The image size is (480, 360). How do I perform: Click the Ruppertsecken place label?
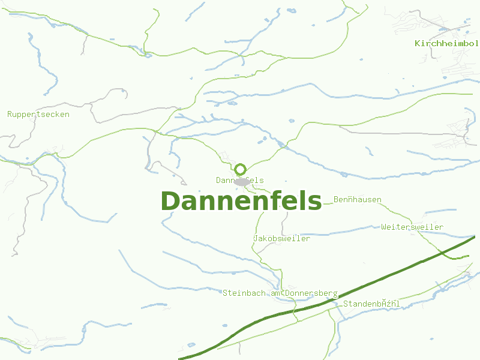point(38,114)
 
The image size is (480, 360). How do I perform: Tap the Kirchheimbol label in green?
point(446,44)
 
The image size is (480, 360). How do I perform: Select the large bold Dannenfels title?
point(241,201)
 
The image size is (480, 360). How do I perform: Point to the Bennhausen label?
point(358,199)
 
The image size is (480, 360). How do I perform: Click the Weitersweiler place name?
point(412,227)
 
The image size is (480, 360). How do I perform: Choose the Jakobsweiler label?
point(282,239)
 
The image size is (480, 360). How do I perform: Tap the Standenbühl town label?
point(371,304)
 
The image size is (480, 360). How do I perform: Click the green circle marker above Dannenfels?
point(241,169)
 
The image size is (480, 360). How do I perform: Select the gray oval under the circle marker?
point(242,181)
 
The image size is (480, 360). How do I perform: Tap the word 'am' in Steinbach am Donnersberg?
point(275,293)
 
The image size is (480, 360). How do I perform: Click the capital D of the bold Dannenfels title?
point(171,201)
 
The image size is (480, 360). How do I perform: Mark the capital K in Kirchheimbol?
point(418,44)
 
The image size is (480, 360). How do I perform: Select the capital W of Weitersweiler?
point(384,227)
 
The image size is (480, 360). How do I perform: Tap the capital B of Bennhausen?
point(336,199)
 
